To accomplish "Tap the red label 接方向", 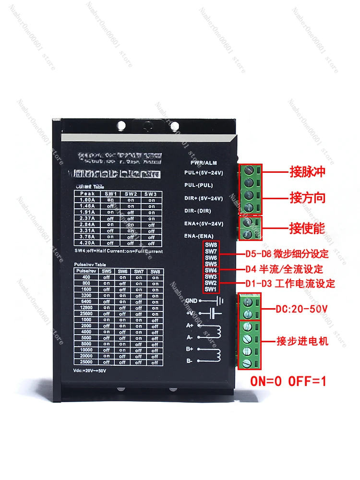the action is pos(308,197).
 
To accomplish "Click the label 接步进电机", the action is pos(302,341).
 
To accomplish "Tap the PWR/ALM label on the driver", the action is pos(204,163).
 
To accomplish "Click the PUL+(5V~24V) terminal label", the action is pos(204,172).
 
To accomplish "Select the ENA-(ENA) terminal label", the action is pos(199,236).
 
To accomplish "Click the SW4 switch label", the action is pos(211,270).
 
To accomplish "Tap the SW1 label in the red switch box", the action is pos(211,289).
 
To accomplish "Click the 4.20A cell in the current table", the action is pos(87,243).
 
